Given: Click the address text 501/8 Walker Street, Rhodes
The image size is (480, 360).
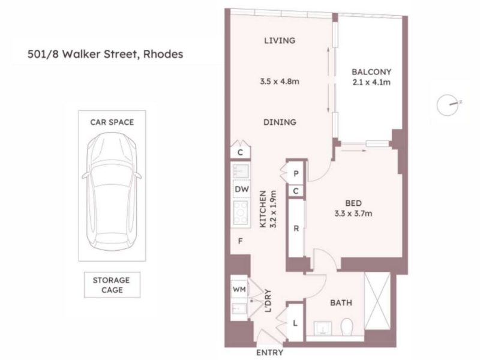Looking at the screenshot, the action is click(106, 54).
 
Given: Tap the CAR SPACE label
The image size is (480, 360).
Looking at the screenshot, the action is click(112, 122).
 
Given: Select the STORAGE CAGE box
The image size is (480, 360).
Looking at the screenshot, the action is click(112, 284).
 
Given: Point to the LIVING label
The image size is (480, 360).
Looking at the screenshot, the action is click(280, 40).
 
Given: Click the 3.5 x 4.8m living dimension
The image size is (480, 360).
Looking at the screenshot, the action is click(280, 82).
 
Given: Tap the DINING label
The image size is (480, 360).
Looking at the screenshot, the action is click(280, 122).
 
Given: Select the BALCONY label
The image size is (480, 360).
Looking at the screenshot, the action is click(371, 72).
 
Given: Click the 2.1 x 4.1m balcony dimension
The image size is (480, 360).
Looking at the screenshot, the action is click(371, 82).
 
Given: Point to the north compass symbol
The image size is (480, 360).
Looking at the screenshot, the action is click(448, 104).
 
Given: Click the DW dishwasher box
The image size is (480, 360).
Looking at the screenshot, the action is click(242, 189).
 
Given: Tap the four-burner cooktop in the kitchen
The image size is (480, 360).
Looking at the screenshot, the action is click(241, 213).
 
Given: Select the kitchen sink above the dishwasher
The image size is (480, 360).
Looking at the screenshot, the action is click(241, 171).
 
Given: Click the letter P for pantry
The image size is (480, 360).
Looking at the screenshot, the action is click(296, 173).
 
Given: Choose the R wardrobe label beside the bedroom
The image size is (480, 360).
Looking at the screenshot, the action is click(296, 229).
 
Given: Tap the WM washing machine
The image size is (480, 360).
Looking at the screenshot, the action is click(239, 289).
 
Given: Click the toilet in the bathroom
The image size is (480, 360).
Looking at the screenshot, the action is click(347, 327).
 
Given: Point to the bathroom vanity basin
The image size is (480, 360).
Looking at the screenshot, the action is click(323, 328).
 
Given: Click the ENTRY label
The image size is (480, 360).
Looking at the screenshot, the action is click(269, 353).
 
